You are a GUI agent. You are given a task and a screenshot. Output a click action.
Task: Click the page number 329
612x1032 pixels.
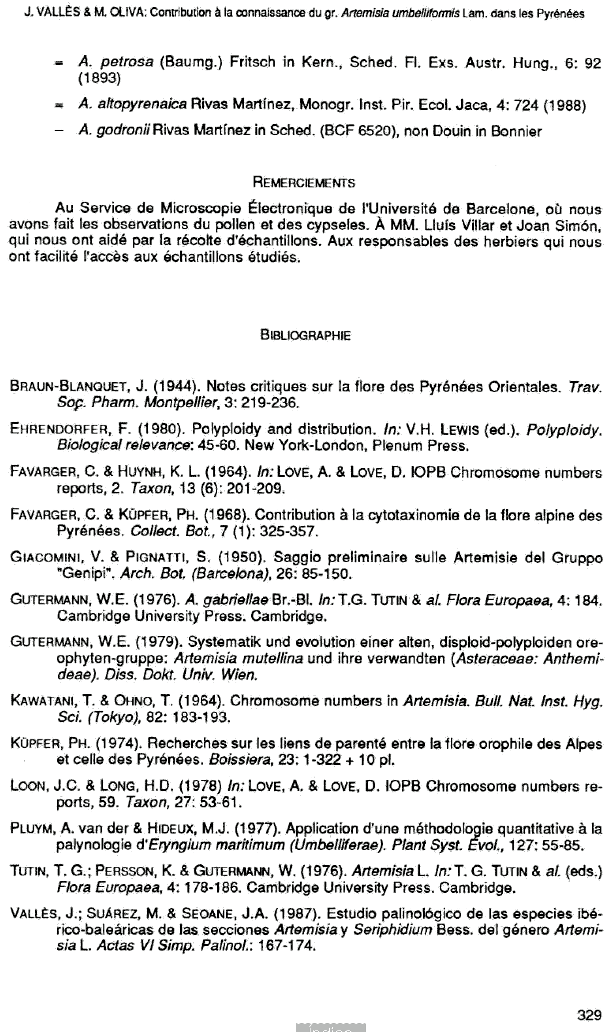pyautogui.click(x=589, y=1015)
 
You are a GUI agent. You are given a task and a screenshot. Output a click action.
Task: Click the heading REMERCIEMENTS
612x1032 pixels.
pyautogui.click(x=303, y=182)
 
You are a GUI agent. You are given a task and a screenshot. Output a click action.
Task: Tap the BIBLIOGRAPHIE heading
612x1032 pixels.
pyautogui.click(x=305, y=335)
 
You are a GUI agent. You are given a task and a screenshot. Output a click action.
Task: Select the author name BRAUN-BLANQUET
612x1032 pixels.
pyautogui.click(x=68, y=386)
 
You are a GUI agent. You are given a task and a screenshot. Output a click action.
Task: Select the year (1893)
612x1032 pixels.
pyautogui.click(x=99, y=78)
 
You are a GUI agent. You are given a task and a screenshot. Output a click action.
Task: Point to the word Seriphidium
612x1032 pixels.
pyautogui.click(x=392, y=930)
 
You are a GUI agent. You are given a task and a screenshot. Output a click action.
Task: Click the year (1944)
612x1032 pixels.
pyautogui.click(x=177, y=386)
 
